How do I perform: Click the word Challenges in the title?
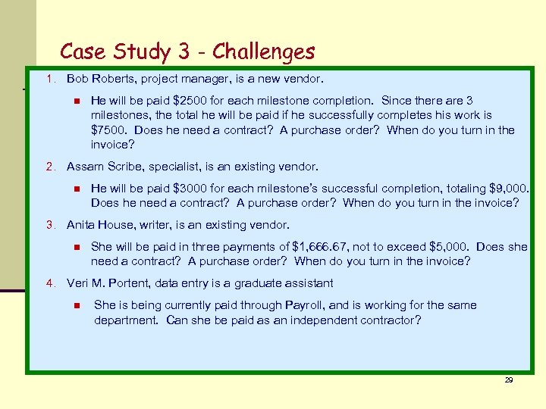pos(263,52)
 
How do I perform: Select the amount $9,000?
pos(507,189)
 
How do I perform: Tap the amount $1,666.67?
pos(323,247)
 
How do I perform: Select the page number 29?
pos(509,380)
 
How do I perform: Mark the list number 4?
pos(50,283)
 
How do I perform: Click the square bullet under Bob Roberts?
pos(77,101)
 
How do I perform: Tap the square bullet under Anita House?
pos(77,247)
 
